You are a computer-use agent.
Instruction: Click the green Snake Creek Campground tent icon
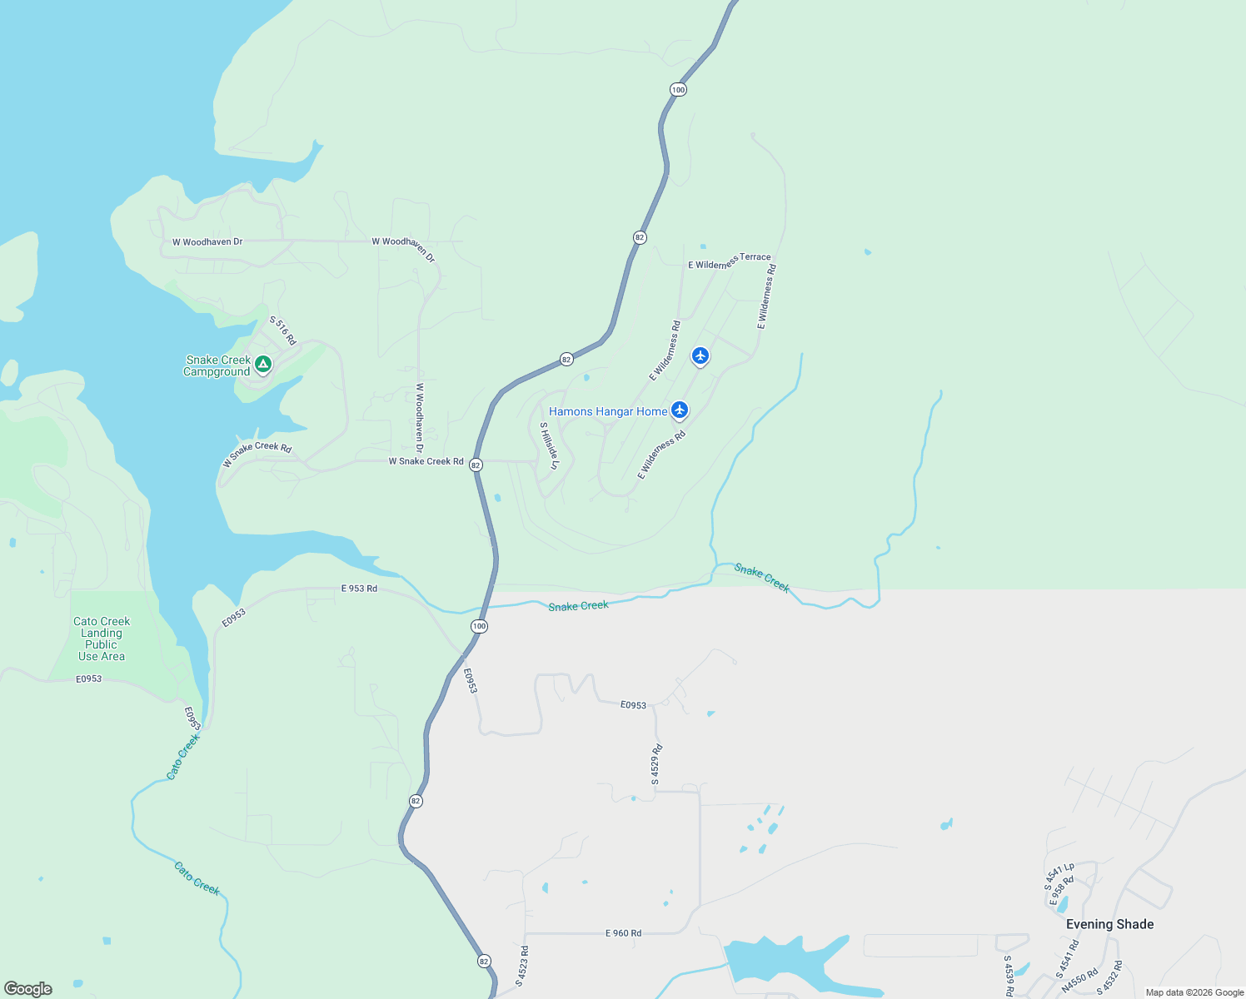pyautogui.click(x=263, y=364)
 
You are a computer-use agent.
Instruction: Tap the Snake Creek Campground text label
pyautogui.click(x=217, y=366)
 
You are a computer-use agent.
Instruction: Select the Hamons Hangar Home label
pyautogui.click(x=607, y=411)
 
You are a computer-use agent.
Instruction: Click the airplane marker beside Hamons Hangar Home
pyautogui.click(x=680, y=410)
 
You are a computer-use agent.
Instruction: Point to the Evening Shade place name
pyautogui.click(x=1109, y=924)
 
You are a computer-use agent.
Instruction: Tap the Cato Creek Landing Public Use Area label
pyautogui.click(x=102, y=639)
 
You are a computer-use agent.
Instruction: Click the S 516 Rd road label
pyautogui.click(x=282, y=331)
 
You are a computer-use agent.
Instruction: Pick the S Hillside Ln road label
pyautogui.click(x=549, y=445)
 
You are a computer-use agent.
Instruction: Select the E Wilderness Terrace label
pyautogui.click(x=729, y=261)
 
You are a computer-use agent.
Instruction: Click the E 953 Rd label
pyautogui.click(x=359, y=589)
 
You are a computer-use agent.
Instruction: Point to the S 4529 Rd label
pyautogui.click(x=656, y=764)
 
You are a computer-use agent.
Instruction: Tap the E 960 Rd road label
pyautogui.click(x=623, y=933)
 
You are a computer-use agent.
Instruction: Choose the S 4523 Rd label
pyautogui.click(x=521, y=966)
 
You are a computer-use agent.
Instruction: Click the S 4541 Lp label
pyautogui.click(x=1059, y=877)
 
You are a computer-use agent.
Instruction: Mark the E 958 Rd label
pyautogui.click(x=1062, y=891)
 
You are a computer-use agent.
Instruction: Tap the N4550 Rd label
pyautogui.click(x=1079, y=980)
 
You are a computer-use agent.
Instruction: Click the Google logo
pyautogui.click(x=28, y=988)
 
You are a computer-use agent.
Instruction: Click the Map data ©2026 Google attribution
pyautogui.click(x=1194, y=992)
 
